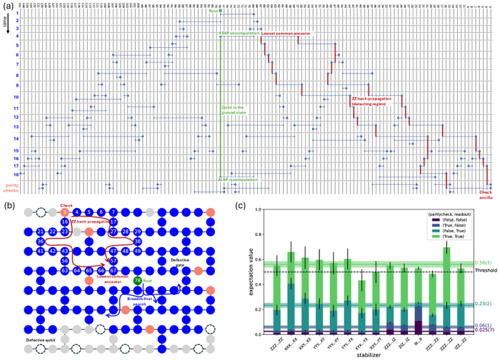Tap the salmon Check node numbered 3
coord(64,212)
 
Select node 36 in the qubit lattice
coord(41,241)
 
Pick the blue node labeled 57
coord(113,261)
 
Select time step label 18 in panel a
coord(16,174)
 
